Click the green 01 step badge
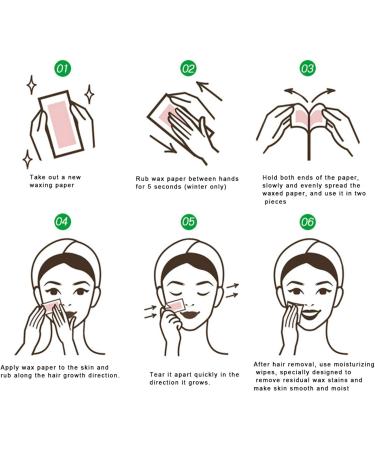tap(62, 69)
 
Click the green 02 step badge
tap(188, 69)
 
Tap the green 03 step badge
tap(308, 69)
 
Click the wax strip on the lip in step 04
tap(53, 300)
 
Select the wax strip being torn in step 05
tap(172, 302)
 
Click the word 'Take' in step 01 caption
tap(38, 177)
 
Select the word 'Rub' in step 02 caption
tap(143, 178)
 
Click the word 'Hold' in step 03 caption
tap(273, 177)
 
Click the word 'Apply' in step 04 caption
tap(12, 366)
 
